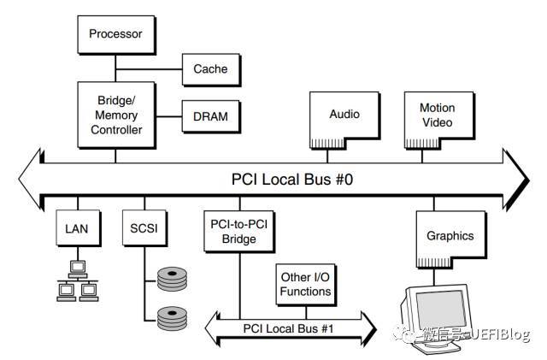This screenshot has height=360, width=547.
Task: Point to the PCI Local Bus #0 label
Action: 283,180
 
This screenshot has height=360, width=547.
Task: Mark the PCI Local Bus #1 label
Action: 291,325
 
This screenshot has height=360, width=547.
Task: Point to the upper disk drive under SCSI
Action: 173,280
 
